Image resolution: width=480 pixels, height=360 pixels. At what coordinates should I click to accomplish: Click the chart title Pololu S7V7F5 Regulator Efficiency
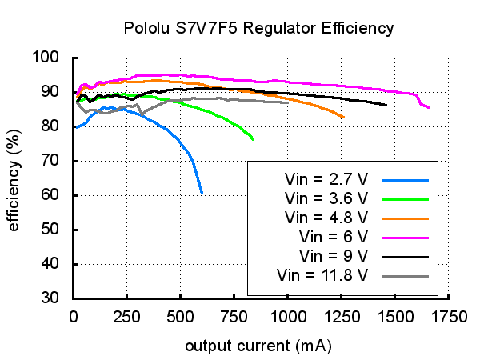tap(258, 29)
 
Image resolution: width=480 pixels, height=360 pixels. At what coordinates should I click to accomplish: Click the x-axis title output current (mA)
tap(258, 346)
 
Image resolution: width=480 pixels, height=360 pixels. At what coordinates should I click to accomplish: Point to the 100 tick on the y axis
tap(54, 58)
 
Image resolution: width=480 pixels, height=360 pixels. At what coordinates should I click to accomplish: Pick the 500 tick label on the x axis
tap(181, 317)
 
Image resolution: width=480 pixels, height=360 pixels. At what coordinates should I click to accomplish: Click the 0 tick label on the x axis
tap(74, 317)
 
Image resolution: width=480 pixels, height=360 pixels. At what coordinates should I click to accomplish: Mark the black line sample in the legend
tap(406, 256)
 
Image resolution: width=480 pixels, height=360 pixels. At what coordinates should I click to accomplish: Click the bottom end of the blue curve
tap(202, 194)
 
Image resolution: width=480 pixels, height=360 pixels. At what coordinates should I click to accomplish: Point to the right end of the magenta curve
tap(430, 107)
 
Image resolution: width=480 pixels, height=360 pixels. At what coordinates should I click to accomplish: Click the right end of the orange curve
tap(344, 118)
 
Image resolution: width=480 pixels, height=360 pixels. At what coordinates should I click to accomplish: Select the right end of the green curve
tap(254, 140)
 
